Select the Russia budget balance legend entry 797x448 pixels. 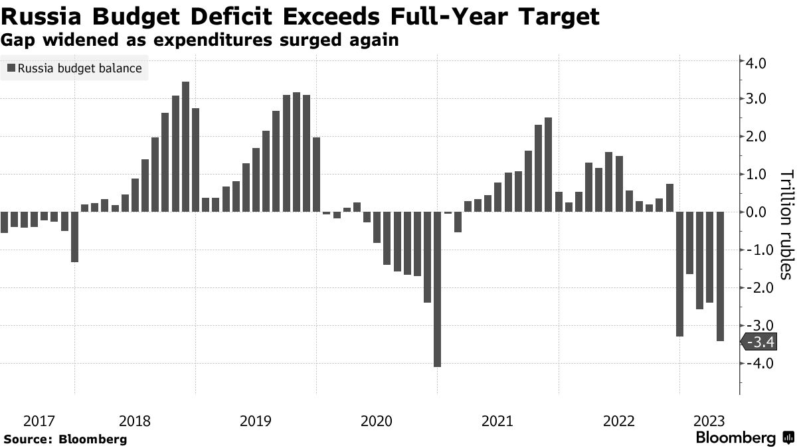(x=74, y=68)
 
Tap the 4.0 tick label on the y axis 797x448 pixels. (x=758, y=63)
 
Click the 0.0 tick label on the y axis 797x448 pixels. (x=758, y=213)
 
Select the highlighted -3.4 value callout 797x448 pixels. (x=756, y=342)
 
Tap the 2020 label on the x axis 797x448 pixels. (x=377, y=421)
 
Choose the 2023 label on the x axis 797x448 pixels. (x=709, y=421)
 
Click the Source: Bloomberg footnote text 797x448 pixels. (x=65, y=439)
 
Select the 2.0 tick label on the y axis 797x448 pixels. (x=758, y=137)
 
